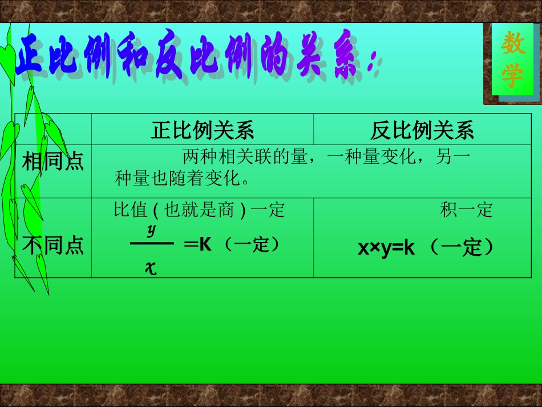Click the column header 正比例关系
point(202,131)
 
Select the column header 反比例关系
point(422,131)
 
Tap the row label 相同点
point(52,162)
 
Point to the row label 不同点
point(52,245)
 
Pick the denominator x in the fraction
point(151,268)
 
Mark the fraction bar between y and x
point(151,244)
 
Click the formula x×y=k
point(386,248)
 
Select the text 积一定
point(466,210)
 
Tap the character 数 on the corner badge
point(513,44)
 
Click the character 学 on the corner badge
point(512,76)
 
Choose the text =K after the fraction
point(198,245)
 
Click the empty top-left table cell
point(52,129)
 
